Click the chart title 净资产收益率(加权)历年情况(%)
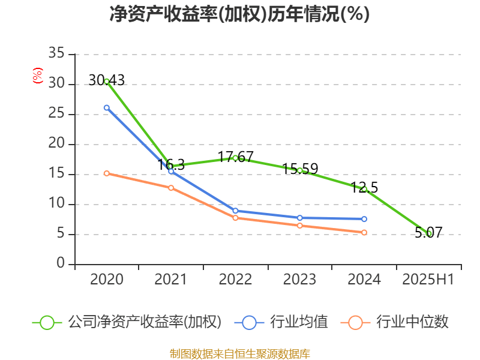[x=239, y=14]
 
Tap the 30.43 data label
[x=107, y=80]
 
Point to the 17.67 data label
[x=235, y=157]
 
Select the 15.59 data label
[x=299, y=169]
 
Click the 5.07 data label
[x=428, y=232]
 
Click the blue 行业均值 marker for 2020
[x=107, y=107]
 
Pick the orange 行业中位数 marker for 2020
[x=107, y=173]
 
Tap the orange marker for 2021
[x=171, y=188]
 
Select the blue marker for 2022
[x=235, y=211]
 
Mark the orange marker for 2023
[x=300, y=226]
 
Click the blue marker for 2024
[x=364, y=219]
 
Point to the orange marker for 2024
[x=364, y=232]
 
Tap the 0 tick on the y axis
[x=61, y=264]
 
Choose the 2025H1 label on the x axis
[x=428, y=279]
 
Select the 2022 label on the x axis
[x=235, y=279]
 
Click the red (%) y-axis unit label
[x=38, y=76]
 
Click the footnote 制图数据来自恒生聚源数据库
[x=239, y=353]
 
